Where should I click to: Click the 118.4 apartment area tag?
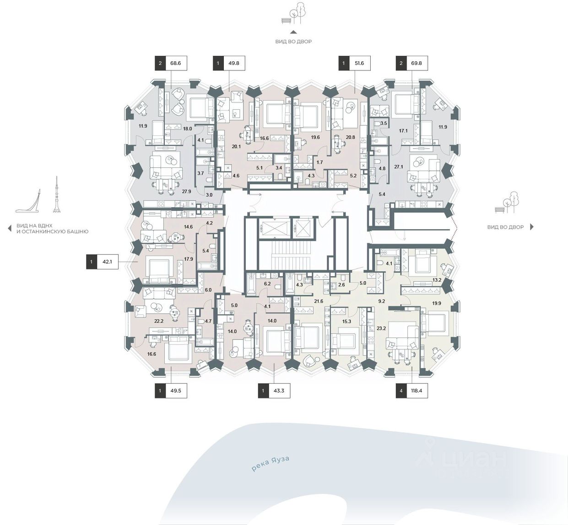(412, 391)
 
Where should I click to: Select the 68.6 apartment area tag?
(171, 63)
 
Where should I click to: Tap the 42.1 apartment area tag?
(102, 262)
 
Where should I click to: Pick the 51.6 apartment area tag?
(354, 63)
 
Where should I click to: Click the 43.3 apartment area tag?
(274, 391)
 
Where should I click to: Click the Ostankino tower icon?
(57, 194)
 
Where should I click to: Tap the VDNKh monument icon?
(28, 201)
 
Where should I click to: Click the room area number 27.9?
(186, 192)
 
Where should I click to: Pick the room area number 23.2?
(381, 328)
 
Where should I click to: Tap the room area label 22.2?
(159, 321)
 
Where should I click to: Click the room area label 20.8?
(350, 137)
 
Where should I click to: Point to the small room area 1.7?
(320, 162)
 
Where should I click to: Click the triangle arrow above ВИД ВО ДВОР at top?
(293, 32)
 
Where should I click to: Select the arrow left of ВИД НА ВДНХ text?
(10, 228)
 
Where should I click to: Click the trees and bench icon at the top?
(293, 13)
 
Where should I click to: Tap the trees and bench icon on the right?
(507, 202)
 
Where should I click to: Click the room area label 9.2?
(381, 301)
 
